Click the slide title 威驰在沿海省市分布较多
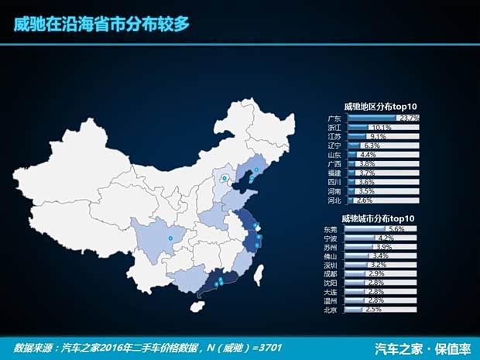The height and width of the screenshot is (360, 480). (x=101, y=24)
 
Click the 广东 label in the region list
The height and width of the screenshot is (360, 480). (x=334, y=118)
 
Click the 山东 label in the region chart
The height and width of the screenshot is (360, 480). (x=334, y=155)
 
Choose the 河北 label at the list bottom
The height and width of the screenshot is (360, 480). (x=334, y=200)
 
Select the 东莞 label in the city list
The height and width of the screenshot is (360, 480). (x=331, y=229)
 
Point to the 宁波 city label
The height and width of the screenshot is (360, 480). (x=331, y=238)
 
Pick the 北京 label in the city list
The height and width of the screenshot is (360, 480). (x=331, y=310)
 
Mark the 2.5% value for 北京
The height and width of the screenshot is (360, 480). (x=373, y=310)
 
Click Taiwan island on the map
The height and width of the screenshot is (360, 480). (x=261, y=273)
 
